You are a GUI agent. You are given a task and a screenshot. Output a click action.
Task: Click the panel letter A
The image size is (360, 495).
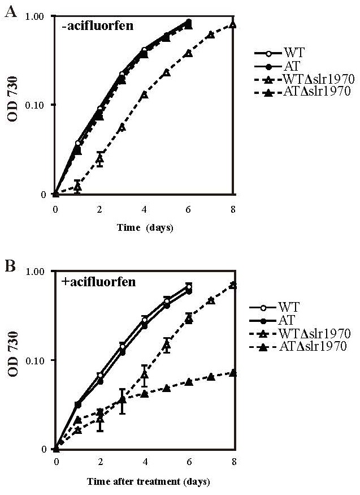(10, 12)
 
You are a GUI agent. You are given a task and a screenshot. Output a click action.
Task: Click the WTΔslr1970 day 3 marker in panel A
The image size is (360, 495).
(122, 127)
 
